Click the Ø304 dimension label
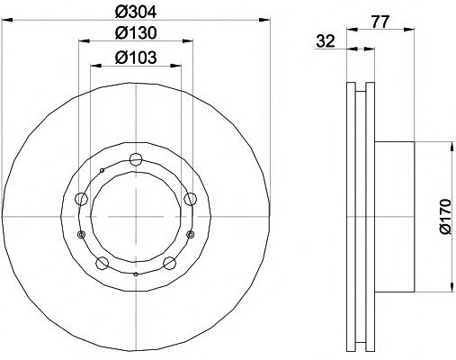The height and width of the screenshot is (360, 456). tap(136, 13)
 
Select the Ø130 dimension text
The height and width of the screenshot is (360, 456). tap(136, 33)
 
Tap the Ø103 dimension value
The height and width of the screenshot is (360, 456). tap(136, 58)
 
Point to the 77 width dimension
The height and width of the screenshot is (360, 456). tap(380, 22)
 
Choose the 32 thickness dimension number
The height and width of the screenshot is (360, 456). tap(326, 41)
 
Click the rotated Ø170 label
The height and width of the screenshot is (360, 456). tap(445, 217)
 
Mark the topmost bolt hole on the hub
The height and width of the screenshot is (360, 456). tap(136, 159)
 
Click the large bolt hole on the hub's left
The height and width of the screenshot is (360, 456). tap(81, 199)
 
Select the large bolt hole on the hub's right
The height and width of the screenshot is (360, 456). tap(190, 199)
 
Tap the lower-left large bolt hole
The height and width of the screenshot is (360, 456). tap(102, 263)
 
